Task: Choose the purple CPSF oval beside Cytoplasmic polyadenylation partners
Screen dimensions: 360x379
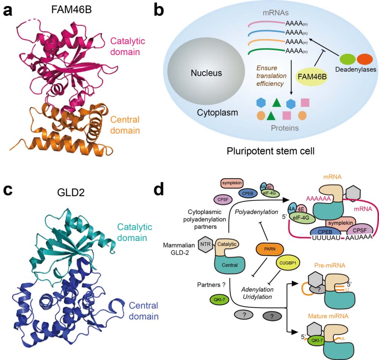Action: click(x=222, y=199)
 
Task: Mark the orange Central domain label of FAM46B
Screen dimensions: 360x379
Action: click(x=125, y=125)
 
